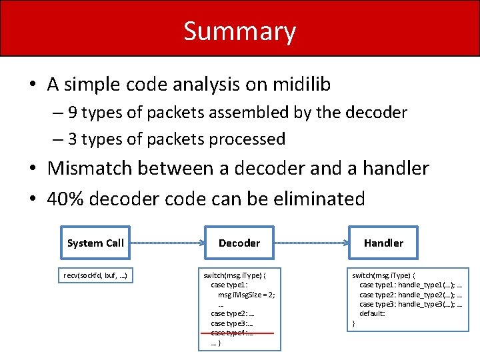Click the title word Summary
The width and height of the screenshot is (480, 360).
[x=239, y=31]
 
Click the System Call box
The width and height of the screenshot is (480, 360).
[x=95, y=243]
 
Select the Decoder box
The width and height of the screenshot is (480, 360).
[x=239, y=243]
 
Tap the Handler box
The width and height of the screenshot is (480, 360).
[x=383, y=243]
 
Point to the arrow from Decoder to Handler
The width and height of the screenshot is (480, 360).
[x=312, y=243]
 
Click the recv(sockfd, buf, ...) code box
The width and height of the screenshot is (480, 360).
[x=95, y=275]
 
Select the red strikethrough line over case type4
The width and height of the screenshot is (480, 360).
[x=238, y=333]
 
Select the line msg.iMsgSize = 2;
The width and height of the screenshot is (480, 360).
[x=245, y=294]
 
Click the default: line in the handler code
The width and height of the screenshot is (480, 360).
[x=372, y=313]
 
